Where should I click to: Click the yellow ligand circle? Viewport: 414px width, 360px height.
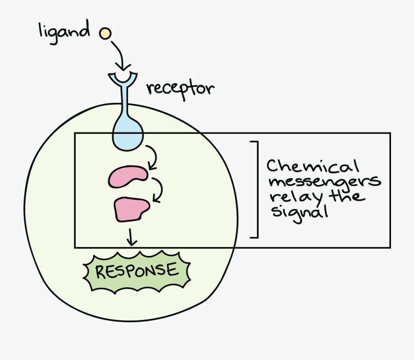pyautogui.click(x=105, y=33)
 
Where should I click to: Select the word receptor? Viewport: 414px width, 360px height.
pyautogui.click(x=180, y=87)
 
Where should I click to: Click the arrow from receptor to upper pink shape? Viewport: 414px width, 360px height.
pyautogui.click(x=153, y=157)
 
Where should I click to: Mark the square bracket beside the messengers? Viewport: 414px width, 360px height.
pyautogui.click(x=255, y=190)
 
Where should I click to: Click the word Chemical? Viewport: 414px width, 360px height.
pyautogui.click(x=313, y=166)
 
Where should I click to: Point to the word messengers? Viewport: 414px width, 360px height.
pyautogui.click(x=324, y=181)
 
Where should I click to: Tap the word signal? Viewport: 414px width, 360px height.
pyautogui.click(x=299, y=213)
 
